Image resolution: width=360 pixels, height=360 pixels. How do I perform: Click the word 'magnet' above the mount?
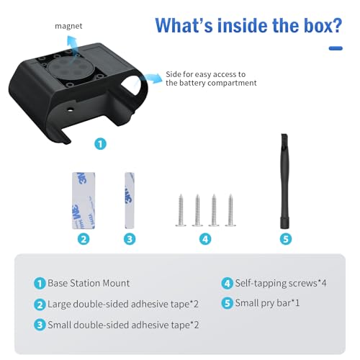pos(68,26)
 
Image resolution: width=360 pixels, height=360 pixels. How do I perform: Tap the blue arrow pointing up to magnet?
pos(73,45)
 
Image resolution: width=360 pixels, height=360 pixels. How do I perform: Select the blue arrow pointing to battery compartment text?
pos(153,78)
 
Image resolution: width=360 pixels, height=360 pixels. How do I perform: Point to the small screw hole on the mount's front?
pos(71,110)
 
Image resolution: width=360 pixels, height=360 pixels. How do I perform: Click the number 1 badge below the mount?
pos(100,144)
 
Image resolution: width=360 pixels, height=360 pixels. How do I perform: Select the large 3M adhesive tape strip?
pos(84,201)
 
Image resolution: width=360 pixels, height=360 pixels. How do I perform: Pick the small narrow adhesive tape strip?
pos(130,201)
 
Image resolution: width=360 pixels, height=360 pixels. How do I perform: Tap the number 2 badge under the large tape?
pos(84,239)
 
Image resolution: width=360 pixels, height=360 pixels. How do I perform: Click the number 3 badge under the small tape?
pos(130,239)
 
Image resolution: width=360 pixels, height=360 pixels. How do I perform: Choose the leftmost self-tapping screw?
pos(181,210)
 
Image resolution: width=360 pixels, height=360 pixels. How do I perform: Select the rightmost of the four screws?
pos(230,210)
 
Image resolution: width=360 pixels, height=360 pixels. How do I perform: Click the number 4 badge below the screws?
pos(205,239)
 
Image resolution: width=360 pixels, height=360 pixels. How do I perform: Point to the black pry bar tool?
pos(285,181)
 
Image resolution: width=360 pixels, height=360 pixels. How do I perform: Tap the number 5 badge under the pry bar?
pos(286,239)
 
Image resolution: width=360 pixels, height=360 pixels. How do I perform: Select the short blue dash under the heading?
pos(336,48)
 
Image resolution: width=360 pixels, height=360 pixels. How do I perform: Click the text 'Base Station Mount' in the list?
pos(89,283)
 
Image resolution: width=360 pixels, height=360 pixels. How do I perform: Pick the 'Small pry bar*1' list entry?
pos(267,303)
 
